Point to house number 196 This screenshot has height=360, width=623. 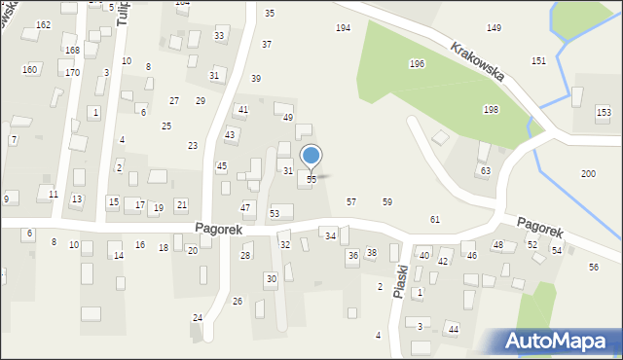point(417,64)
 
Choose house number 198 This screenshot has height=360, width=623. point(491,110)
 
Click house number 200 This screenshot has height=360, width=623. point(588,173)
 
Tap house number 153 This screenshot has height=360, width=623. point(604,113)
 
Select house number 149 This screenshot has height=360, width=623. point(494,28)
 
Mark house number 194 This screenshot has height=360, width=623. point(343,28)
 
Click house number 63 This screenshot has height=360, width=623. point(485,170)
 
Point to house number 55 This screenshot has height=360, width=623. point(311,180)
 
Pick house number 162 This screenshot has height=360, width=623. point(43,24)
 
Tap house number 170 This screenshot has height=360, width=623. point(72,73)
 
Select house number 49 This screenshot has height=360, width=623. point(288,118)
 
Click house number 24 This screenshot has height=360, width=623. point(198,318)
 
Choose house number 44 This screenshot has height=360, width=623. point(454,330)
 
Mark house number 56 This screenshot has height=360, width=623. point(594,268)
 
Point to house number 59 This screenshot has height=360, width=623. point(387,202)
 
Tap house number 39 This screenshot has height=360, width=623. point(256,79)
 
